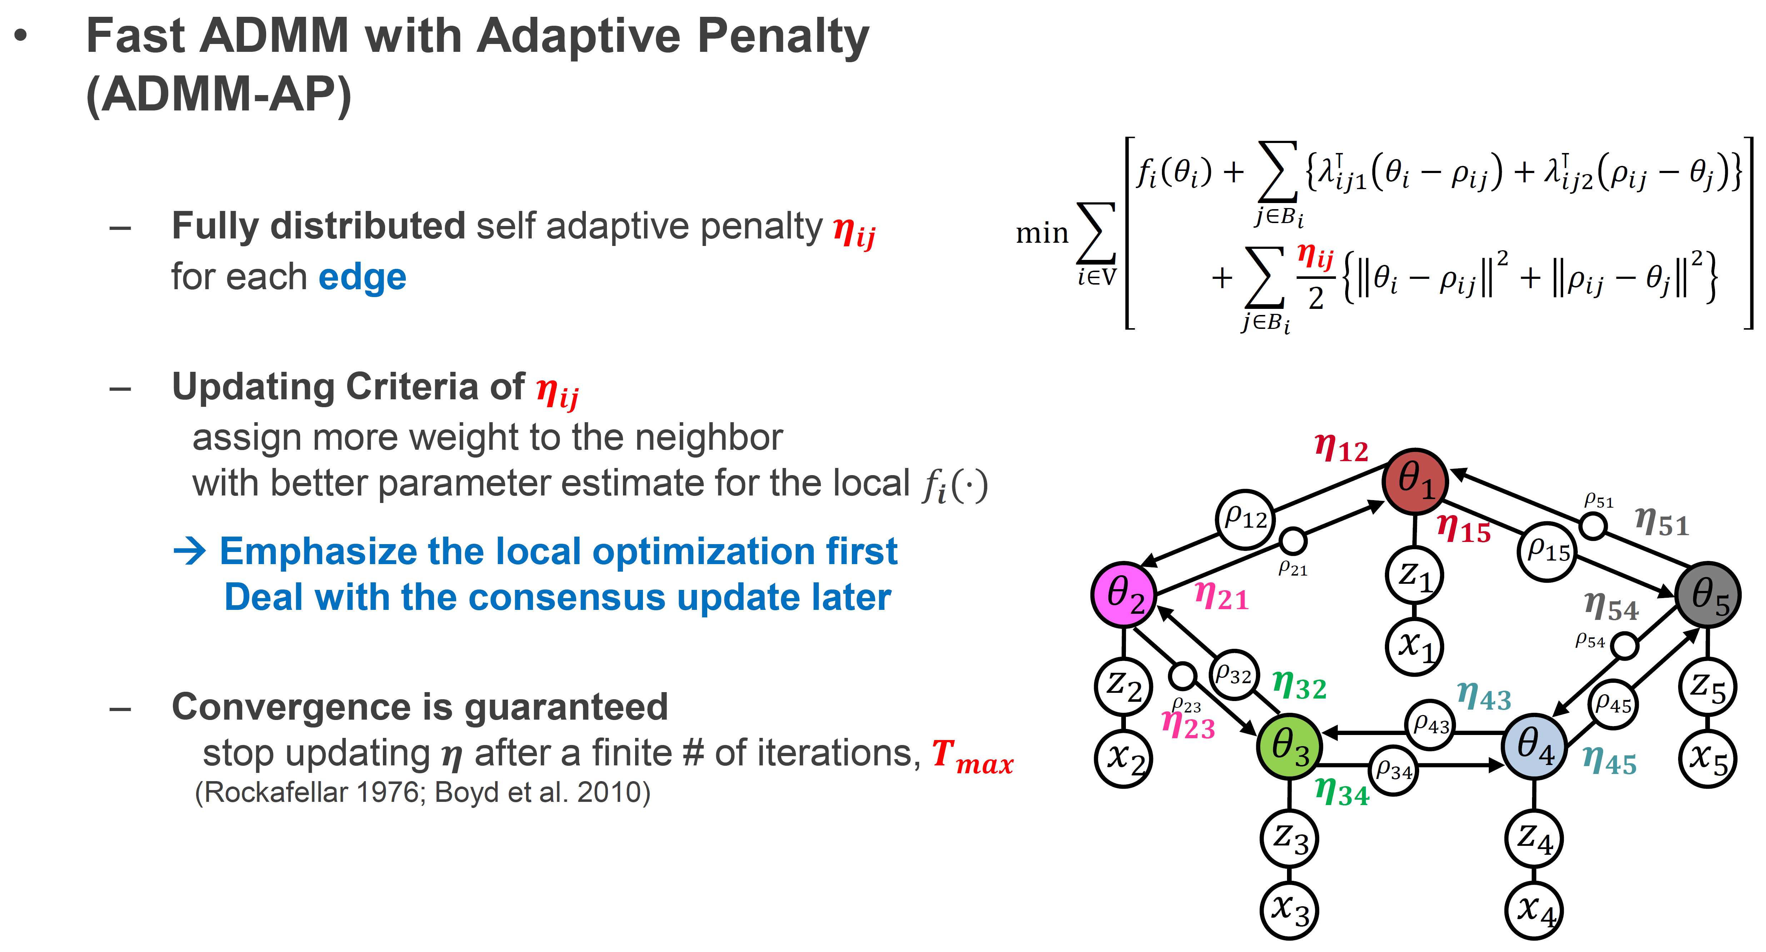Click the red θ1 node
click(x=1414, y=481)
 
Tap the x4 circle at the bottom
click(x=1534, y=911)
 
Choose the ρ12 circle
click(x=1245, y=519)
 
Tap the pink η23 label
click(x=1188, y=726)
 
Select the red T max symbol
click(x=972, y=756)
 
